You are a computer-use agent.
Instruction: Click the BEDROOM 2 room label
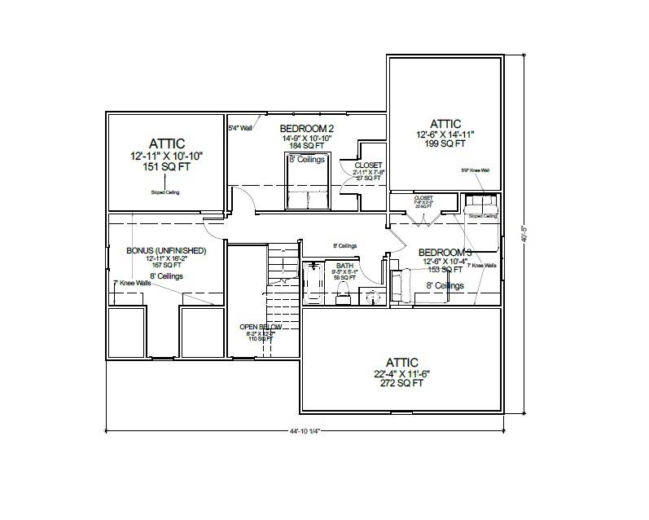pyautogui.click(x=307, y=129)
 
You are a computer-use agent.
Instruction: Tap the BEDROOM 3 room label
pyautogui.click(x=445, y=253)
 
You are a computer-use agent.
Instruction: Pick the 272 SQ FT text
pyautogui.click(x=401, y=382)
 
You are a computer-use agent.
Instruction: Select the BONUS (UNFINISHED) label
pyautogui.click(x=165, y=250)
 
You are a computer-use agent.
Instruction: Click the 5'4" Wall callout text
pyautogui.click(x=240, y=127)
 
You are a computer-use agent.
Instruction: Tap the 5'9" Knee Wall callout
pyautogui.click(x=474, y=170)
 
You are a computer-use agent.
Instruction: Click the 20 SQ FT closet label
pyautogui.click(x=423, y=207)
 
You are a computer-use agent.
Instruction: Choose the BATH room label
pyautogui.click(x=344, y=266)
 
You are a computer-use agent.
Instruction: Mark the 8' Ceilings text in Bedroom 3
pyautogui.click(x=445, y=286)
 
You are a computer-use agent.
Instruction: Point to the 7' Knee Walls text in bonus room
pyautogui.click(x=132, y=283)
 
